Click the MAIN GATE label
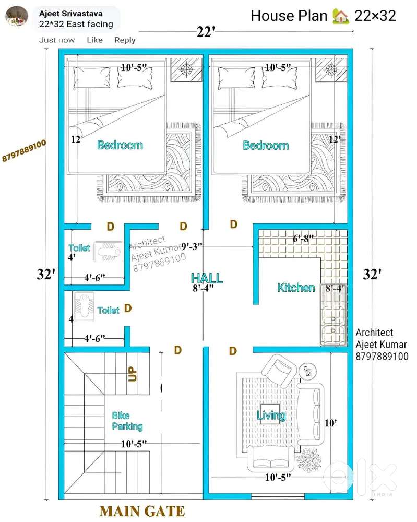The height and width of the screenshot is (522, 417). point(142,511)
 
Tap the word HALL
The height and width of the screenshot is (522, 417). point(207,278)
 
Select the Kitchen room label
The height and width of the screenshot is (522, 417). point(296,288)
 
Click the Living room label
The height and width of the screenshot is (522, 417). point(271,416)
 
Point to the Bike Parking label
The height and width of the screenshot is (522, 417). point(127,421)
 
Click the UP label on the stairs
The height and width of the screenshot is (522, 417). point(132,374)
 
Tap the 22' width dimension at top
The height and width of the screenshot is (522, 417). point(206,32)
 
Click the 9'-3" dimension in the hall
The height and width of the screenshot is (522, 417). point(192,247)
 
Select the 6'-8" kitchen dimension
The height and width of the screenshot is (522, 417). point(303,239)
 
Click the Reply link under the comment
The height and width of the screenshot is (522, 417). point(125,40)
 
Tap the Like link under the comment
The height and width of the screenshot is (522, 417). point(94,40)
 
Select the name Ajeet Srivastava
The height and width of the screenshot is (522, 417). point(71,14)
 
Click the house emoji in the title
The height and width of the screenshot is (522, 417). point(340,16)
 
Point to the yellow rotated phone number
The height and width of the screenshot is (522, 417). point(24,151)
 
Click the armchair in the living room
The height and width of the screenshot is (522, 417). point(279,369)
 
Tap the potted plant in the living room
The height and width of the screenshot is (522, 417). point(309,460)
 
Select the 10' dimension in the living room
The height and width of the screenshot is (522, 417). point(330,423)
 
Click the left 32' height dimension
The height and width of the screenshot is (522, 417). point(46,275)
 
